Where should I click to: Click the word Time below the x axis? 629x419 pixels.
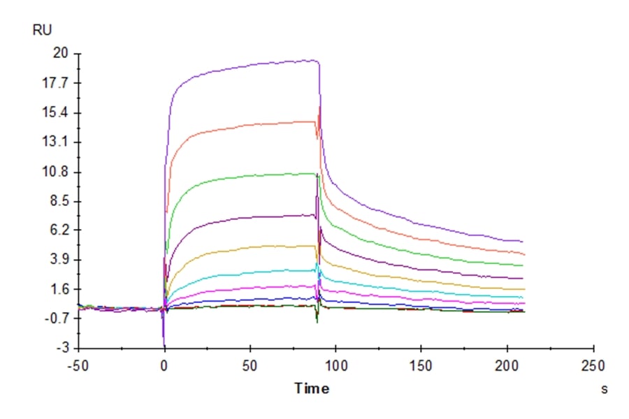point(312,388)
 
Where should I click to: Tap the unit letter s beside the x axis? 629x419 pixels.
point(604,389)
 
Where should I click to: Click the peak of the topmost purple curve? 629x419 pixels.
point(316,60)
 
